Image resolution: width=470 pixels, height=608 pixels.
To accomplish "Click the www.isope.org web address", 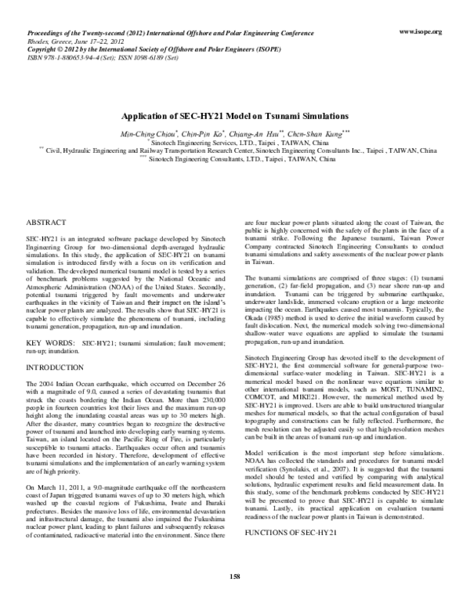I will click(x=421, y=31).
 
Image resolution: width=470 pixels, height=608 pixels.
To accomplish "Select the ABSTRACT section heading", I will click(x=46, y=223).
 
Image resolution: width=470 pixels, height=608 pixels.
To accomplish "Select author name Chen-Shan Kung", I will click(x=317, y=135).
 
